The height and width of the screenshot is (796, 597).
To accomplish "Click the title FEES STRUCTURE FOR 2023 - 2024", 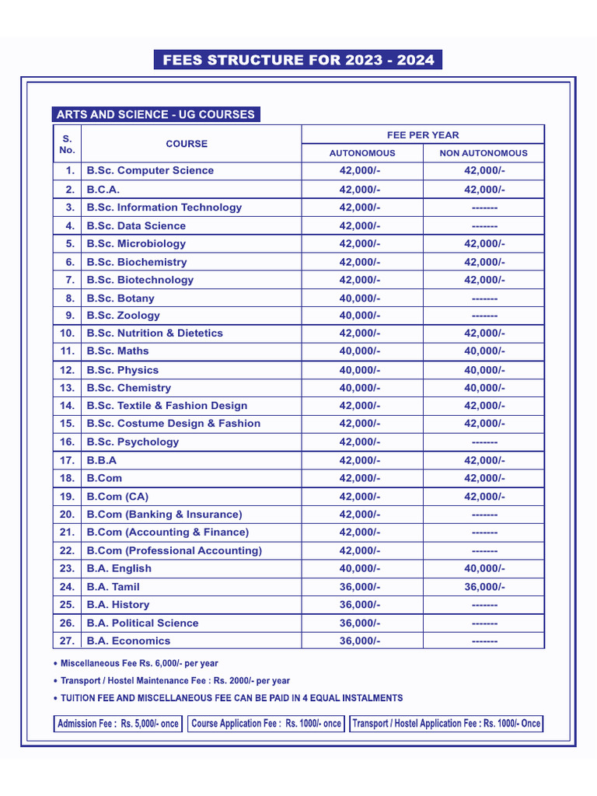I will pos(298,60).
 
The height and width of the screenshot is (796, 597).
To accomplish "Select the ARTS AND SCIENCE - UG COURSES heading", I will pos(155,114).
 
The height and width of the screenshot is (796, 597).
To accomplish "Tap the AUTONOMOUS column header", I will pos(362,153).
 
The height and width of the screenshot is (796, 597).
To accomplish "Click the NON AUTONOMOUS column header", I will pos(484,153).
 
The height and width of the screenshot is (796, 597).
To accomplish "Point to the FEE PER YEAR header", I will pos(423,134).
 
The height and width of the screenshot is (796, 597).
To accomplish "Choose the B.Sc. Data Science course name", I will pos(136,225).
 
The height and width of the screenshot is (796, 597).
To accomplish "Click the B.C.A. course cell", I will pos(103,189).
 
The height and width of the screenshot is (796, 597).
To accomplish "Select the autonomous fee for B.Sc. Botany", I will pos(360,298).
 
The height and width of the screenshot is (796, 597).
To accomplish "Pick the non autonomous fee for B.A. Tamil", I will pos(484,587).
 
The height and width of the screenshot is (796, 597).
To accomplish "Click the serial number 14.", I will pos(68,405).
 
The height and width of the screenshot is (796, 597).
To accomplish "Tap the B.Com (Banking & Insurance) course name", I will pos(164,514).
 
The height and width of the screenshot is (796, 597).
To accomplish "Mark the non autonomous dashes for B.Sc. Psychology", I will pos(484,442).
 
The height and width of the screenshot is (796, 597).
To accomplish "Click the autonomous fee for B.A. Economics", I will pos(360,641).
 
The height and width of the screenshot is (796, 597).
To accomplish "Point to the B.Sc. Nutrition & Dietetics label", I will pos(155,333).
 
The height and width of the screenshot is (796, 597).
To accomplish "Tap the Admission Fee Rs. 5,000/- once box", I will pos(118,724).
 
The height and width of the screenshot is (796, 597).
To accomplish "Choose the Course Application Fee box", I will pos(266,724).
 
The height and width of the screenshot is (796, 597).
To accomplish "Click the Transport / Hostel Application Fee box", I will pos(446,724).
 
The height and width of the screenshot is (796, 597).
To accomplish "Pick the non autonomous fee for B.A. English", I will pos(484,568).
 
